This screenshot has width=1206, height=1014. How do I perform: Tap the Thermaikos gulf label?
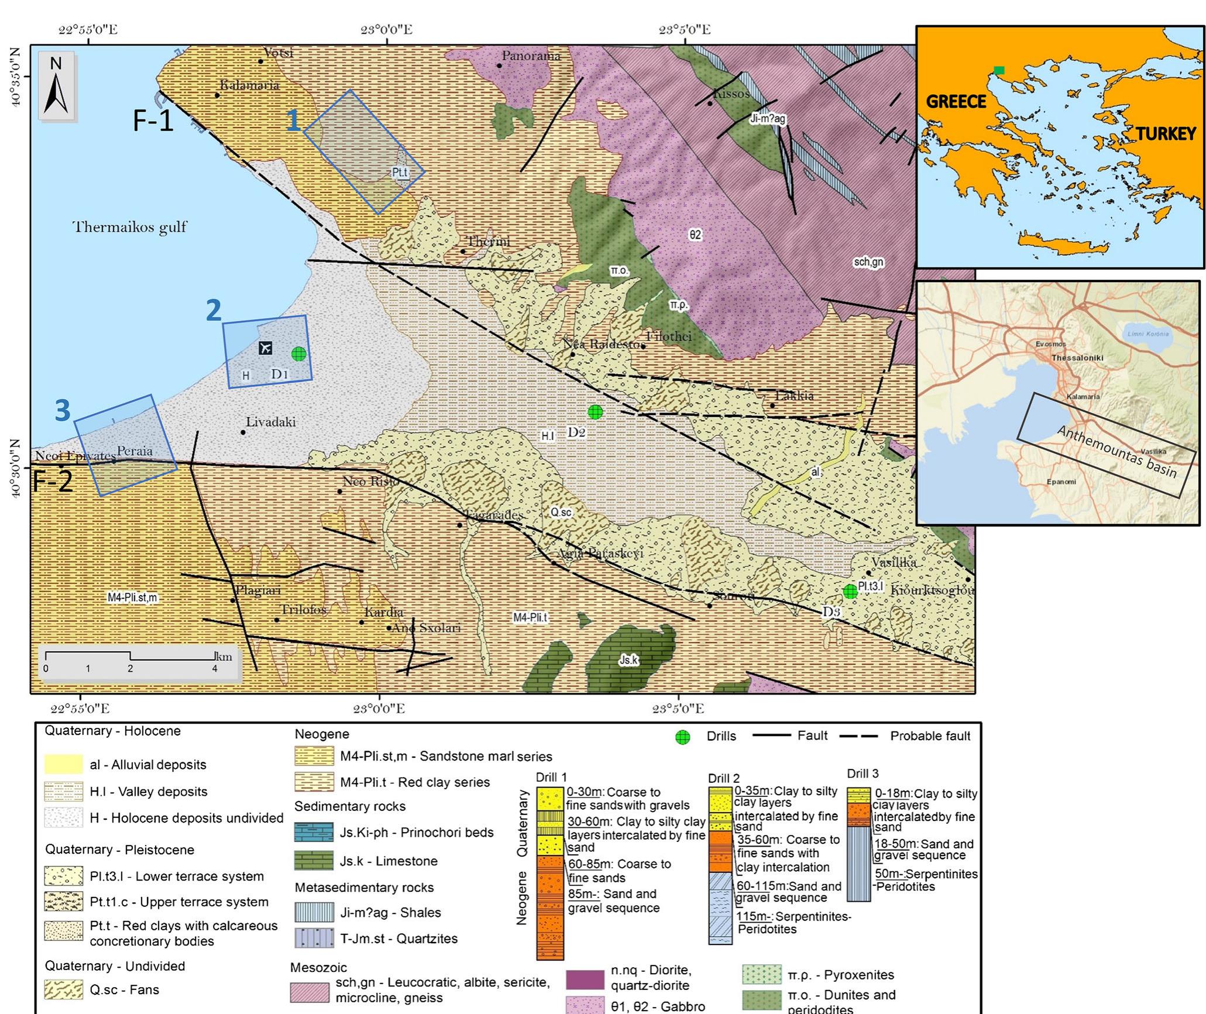(129, 227)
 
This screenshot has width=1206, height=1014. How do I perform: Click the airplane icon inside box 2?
(266, 348)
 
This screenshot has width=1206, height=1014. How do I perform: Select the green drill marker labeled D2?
(595, 412)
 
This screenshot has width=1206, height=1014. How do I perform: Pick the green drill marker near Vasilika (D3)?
(850, 592)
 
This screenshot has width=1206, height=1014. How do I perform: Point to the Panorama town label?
(531, 56)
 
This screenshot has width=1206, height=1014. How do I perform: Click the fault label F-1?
(153, 121)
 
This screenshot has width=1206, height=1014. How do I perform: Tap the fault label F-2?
(53, 481)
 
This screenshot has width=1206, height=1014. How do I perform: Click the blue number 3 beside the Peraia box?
(63, 411)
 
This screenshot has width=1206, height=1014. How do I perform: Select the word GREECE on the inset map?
(956, 102)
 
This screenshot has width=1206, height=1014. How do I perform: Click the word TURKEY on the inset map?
(1165, 135)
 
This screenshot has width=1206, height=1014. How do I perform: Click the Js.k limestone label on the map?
(628, 660)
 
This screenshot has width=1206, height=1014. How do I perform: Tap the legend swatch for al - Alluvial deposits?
(63, 764)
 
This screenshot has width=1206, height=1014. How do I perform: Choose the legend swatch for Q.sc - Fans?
(63, 990)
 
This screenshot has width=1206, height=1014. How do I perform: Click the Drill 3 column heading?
(863, 774)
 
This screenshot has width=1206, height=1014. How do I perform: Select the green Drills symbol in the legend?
(682, 737)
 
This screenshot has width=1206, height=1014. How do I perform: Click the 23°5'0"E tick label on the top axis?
(685, 29)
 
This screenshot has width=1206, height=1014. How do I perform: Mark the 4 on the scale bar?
(215, 668)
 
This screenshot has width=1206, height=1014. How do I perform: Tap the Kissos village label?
(731, 94)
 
